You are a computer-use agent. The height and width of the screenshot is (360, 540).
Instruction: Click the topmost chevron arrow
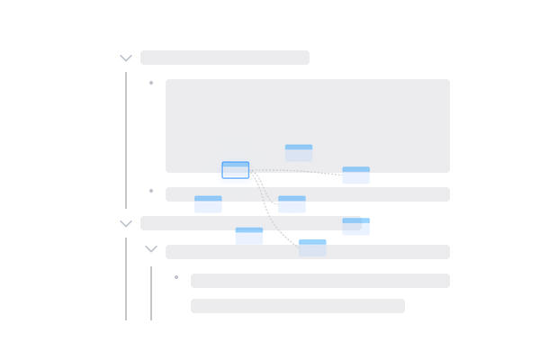tap(126, 58)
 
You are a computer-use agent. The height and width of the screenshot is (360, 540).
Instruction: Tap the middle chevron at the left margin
tap(126, 223)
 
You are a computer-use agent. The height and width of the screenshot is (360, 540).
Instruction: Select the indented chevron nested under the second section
tap(151, 249)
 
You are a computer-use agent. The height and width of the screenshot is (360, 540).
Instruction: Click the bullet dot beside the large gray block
tap(151, 83)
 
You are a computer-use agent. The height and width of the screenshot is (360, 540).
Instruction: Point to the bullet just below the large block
tap(151, 191)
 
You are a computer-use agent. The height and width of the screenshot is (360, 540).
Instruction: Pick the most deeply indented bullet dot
tap(176, 277)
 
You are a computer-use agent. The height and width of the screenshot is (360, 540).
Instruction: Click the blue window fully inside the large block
tap(299, 152)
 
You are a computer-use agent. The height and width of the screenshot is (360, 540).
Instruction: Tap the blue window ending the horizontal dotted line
tap(355, 175)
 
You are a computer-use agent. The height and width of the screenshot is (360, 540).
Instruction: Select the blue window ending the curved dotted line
tap(312, 247)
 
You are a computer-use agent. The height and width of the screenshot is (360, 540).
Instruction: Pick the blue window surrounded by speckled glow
tap(236, 170)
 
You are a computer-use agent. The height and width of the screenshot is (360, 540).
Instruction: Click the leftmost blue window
tap(208, 204)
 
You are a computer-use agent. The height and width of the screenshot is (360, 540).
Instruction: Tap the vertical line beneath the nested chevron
tap(151, 292)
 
